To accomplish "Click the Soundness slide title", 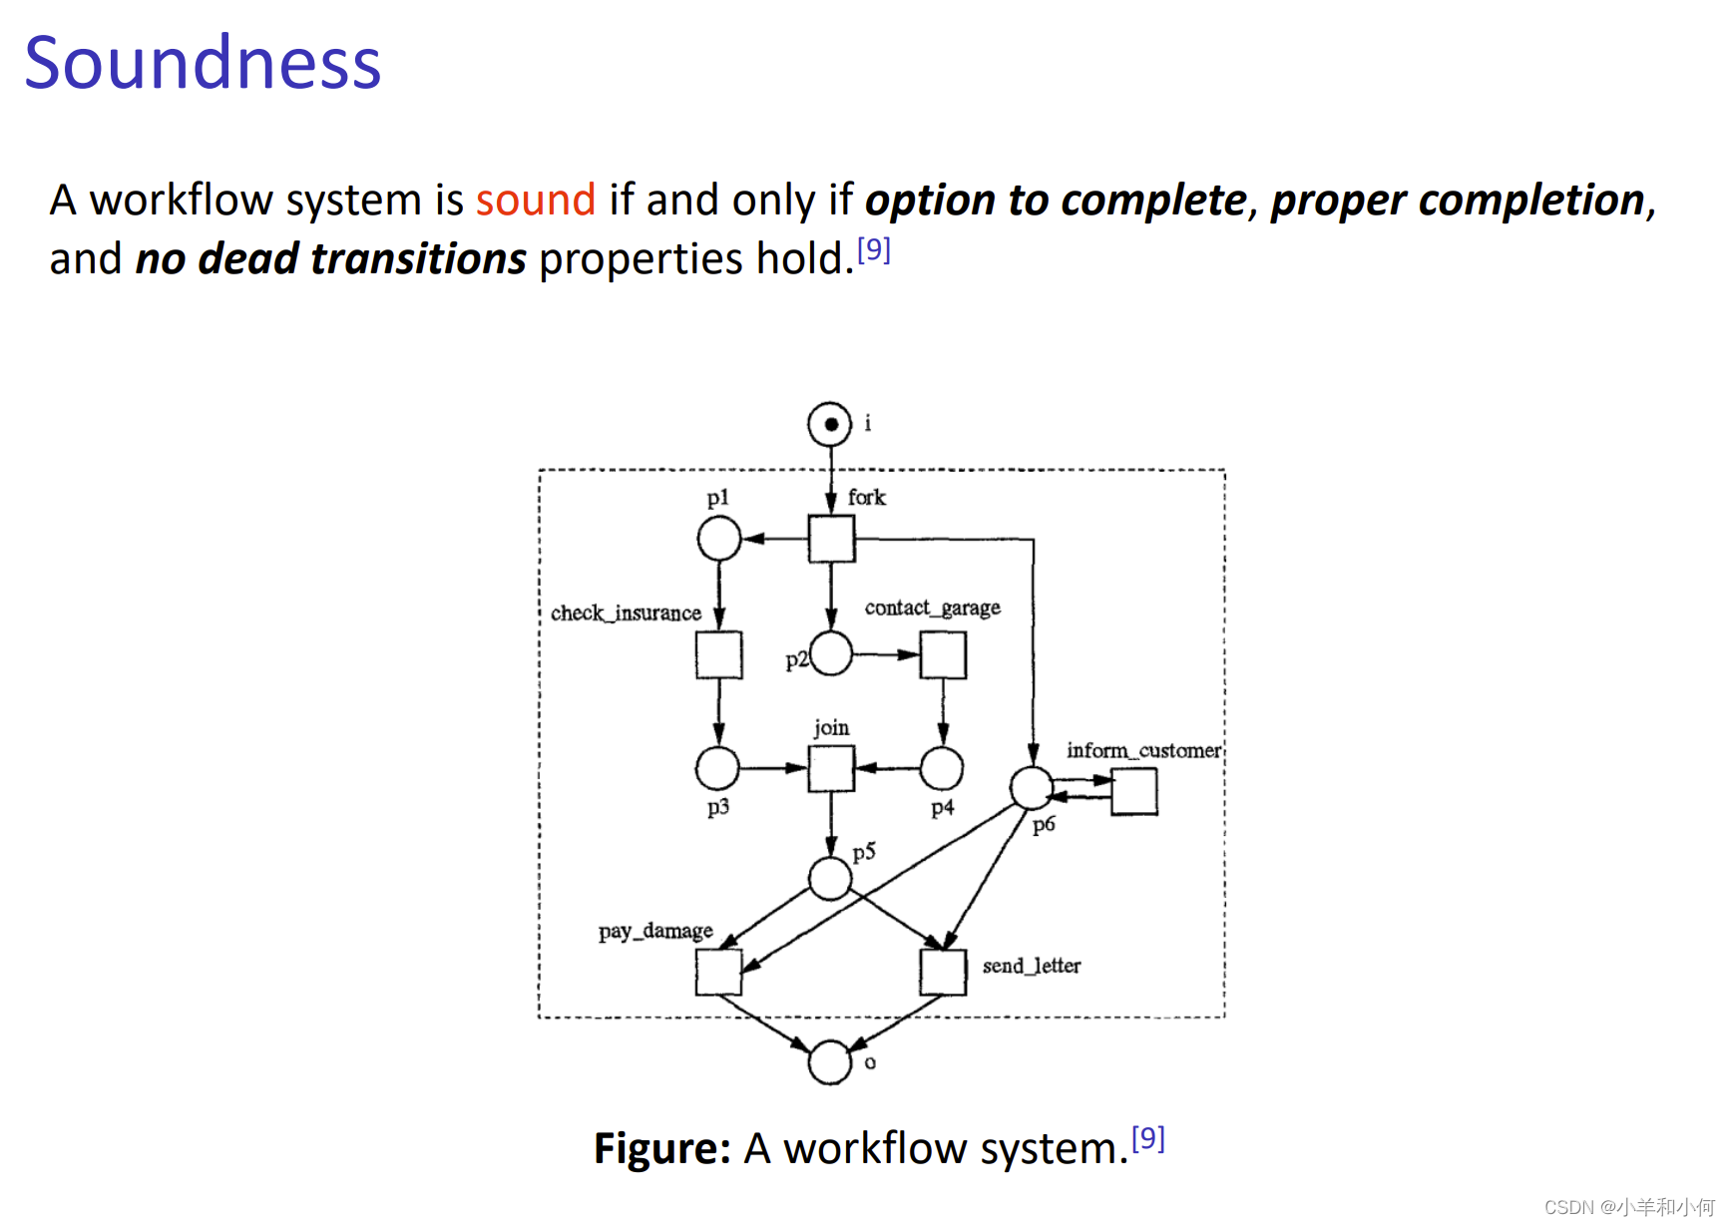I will pyautogui.click(x=203, y=63).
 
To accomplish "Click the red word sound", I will pyautogui.click(x=535, y=200).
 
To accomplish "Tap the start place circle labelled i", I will pyautogui.click(x=829, y=424).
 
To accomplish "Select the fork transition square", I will pyautogui.click(x=831, y=539).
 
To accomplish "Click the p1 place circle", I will pyautogui.click(x=718, y=539).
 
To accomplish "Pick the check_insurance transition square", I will pyautogui.click(x=718, y=654).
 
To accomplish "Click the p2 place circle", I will pyautogui.click(x=831, y=654).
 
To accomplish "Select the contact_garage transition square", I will pyautogui.click(x=943, y=654).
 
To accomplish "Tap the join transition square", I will pyautogui.click(x=831, y=768).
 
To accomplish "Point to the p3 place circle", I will pyautogui.click(x=717, y=768).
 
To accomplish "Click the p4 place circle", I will pyautogui.click(x=941, y=768).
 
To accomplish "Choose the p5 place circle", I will pyautogui.click(x=830, y=879).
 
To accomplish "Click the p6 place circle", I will pyautogui.click(x=1032, y=788).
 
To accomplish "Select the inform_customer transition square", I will pyautogui.click(x=1134, y=791).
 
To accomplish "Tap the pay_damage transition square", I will pyautogui.click(x=718, y=972).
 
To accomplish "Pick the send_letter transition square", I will pyautogui.click(x=943, y=972).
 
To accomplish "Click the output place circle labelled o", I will pyautogui.click(x=830, y=1061).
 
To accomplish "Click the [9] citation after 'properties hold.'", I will pyautogui.click(x=874, y=249).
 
